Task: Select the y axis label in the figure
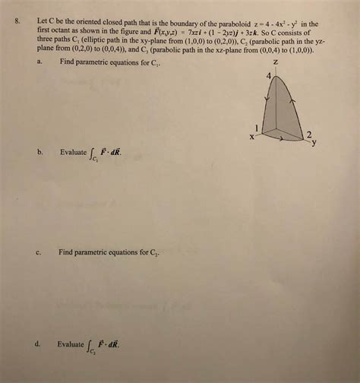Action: [312, 143]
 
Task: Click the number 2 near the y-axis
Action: [310, 134]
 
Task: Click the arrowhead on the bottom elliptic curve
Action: [283, 141]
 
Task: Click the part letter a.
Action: [38, 63]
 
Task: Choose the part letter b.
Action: [39, 152]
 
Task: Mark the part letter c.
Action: [38, 252]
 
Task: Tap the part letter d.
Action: [37, 343]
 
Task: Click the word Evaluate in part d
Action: [71, 343]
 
